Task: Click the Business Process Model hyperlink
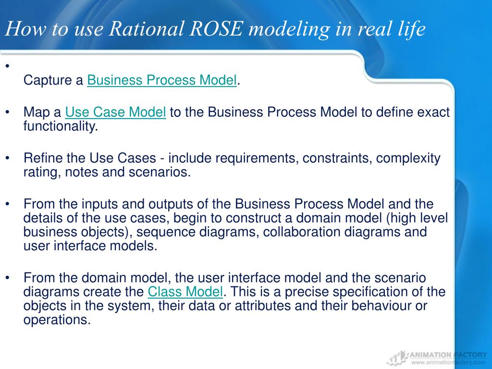tap(162, 80)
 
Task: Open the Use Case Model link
tap(115, 112)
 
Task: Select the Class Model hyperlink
tap(185, 292)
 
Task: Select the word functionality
tap(61, 126)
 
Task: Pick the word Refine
tap(41, 158)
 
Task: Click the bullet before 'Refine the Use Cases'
tap(8, 158)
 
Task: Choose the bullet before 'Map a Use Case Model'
tap(8, 112)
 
